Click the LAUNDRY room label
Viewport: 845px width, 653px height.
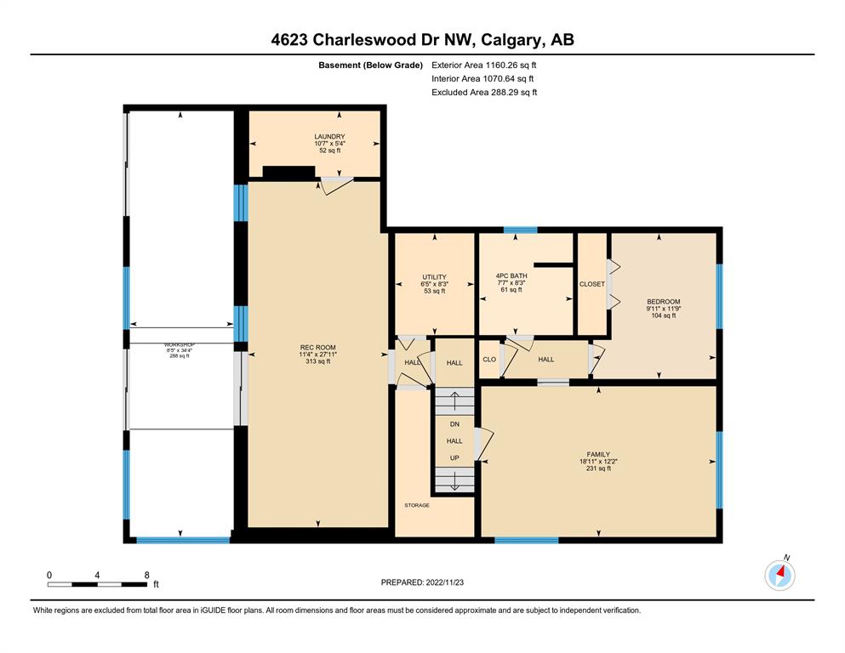point(329,137)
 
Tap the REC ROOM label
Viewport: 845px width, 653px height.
point(318,348)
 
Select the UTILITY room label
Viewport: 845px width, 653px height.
point(434,277)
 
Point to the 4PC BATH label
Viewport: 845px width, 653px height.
point(511,275)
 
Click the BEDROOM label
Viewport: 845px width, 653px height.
point(664,302)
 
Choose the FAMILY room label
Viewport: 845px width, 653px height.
point(598,454)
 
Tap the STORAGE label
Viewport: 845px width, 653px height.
point(417,506)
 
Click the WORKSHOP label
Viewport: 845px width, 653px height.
point(180,344)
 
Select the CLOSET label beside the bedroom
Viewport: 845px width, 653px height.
point(592,284)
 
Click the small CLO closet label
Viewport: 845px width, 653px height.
point(489,360)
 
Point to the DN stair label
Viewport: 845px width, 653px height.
point(454,424)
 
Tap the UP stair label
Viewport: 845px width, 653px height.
point(454,458)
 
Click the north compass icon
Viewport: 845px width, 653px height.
point(779,575)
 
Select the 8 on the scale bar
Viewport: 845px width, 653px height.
point(146,575)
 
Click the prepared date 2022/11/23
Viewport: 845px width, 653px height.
point(444,582)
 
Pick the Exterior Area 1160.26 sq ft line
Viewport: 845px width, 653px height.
point(484,65)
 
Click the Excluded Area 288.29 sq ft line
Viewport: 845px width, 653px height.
point(484,92)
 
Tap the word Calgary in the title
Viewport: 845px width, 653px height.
point(512,40)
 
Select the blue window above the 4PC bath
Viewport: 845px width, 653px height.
point(521,230)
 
